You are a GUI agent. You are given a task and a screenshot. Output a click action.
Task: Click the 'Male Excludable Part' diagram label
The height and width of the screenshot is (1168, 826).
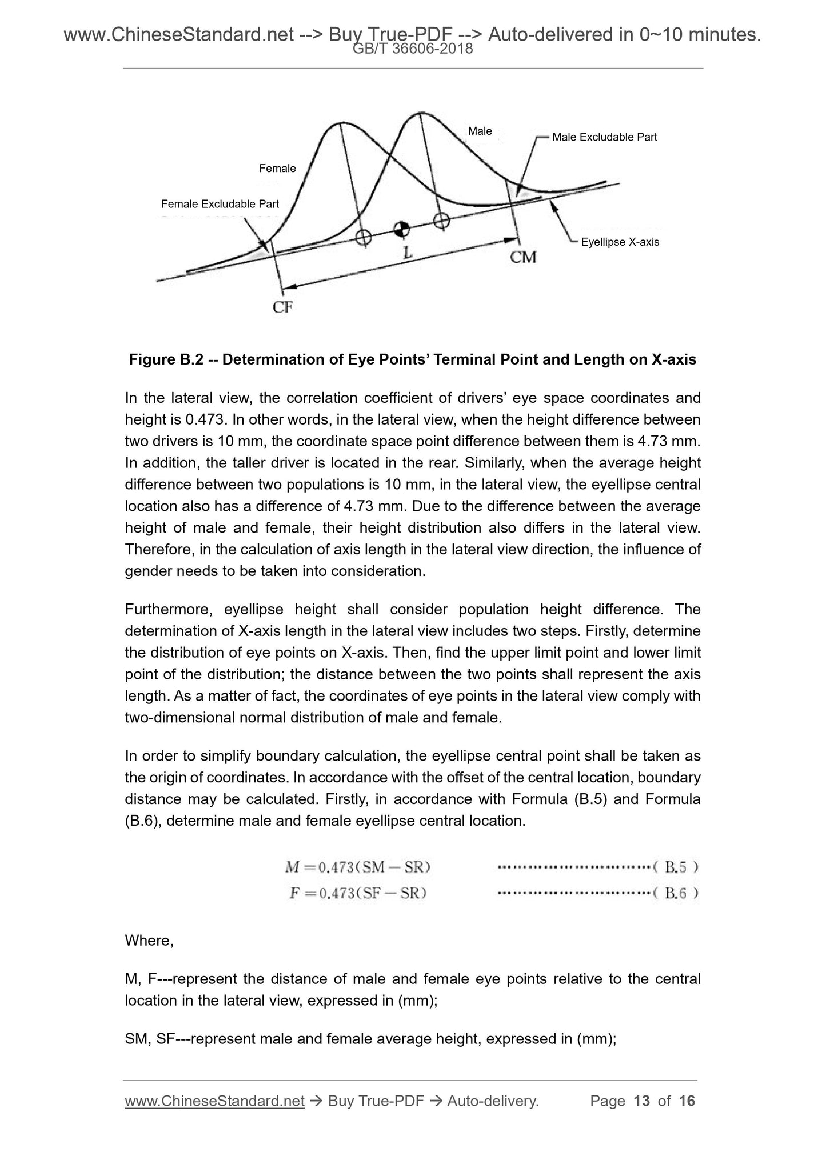click(x=604, y=137)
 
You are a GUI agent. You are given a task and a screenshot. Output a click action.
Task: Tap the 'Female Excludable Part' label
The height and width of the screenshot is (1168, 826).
click(x=220, y=204)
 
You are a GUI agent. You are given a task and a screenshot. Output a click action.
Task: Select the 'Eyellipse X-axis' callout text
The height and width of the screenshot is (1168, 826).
click(x=620, y=242)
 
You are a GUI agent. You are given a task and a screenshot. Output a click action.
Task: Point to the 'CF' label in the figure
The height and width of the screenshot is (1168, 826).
click(x=282, y=307)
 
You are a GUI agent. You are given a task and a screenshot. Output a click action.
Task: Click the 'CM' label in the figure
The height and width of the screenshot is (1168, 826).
click(x=523, y=258)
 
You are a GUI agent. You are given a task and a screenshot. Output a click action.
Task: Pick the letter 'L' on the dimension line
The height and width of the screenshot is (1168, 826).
click(x=407, y=253)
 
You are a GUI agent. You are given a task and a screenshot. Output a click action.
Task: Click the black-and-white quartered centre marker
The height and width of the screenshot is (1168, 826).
click(x=402, y=229)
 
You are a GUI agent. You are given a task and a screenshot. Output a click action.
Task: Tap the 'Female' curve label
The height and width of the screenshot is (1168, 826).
click(x=277, y=169)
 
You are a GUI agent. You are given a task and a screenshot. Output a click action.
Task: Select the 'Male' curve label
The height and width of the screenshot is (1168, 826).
click(x=480, y=131)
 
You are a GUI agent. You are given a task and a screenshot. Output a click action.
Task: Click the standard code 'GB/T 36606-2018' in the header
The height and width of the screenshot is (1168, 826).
click(x=413, y=49)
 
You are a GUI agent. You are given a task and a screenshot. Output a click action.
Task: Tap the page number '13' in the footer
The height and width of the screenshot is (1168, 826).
click(x=642, y=1101)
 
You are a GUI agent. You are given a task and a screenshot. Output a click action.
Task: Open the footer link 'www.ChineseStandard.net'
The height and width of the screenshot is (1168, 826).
click(x=214, y=1101)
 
